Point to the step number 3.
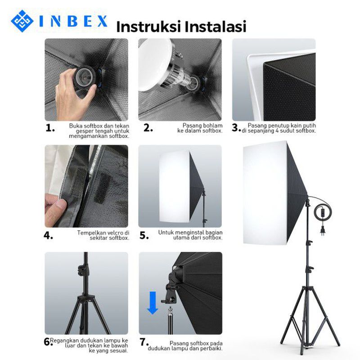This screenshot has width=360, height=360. pos(236,128)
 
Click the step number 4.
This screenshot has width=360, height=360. pos(49,235)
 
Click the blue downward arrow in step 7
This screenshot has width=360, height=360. pos(153,302)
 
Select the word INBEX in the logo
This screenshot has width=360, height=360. pos(74,21)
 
